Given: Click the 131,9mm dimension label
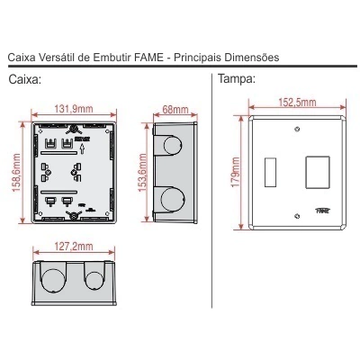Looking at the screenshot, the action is [74, 109].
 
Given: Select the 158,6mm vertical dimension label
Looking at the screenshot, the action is [17, 173].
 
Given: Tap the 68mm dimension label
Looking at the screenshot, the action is [175, 109].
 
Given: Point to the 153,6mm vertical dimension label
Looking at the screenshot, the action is [143, 173].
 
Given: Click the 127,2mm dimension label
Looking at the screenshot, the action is [74, 247].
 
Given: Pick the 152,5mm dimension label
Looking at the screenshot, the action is [297, 103].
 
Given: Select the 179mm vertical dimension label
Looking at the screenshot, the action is [236, 173].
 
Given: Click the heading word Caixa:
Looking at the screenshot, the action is [24, 80].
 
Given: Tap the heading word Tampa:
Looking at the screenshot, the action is [237, 79].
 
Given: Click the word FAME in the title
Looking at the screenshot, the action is [148, 57].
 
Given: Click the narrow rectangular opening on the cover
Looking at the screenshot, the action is [270, 172].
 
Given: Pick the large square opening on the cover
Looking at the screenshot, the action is [318, 172].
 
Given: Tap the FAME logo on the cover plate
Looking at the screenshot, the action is [323, 211].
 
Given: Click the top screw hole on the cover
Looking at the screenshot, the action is [297, 130].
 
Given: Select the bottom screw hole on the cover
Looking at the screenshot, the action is [297, 216].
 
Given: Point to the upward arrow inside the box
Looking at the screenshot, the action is [83, 149].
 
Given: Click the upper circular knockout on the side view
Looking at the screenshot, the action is [173, 145].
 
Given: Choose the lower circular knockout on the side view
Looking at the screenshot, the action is [173, 199].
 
